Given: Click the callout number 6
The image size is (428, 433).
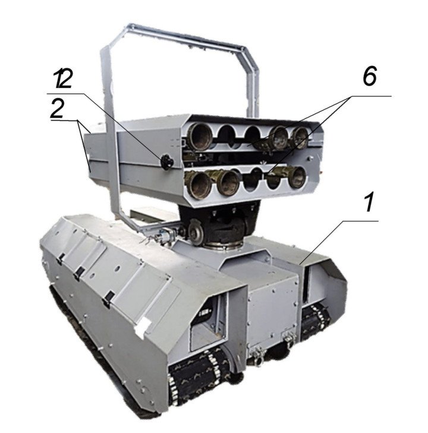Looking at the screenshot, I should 369,78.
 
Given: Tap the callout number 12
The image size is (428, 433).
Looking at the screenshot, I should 64,79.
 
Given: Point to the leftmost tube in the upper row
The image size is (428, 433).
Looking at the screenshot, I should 196,139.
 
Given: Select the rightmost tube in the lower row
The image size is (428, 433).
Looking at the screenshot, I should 296,176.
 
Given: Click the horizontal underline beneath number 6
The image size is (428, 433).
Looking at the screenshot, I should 369,95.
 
